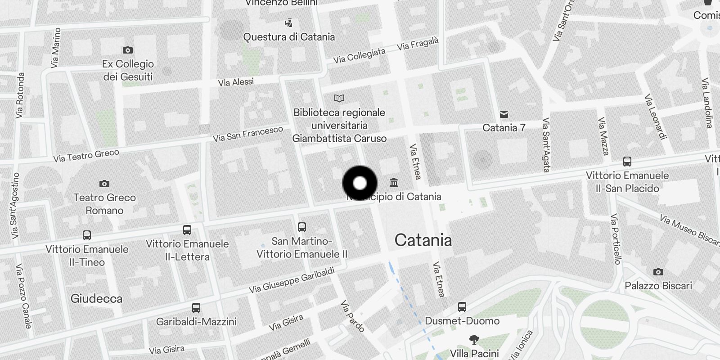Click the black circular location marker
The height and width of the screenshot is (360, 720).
(x=360, y=183)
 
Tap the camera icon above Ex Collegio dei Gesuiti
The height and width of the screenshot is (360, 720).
(x=128, y=50)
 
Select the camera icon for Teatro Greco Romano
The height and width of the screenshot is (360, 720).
(x=104, y=184)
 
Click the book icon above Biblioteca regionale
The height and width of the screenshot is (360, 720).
(x=339, y=98)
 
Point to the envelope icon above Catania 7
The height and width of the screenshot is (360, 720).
(x=504, y=114)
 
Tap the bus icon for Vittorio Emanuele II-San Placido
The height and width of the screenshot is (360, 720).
(x=627, y=162)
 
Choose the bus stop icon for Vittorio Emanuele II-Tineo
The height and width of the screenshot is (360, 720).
(x=87, y=235)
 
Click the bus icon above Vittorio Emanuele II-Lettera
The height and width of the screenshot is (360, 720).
(x=187, y=230)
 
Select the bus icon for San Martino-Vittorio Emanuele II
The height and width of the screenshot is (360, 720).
(x=302, y=227)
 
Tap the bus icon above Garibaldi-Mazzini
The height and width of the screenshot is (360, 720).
(x=196, y=308)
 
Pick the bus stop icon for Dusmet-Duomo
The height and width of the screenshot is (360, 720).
(x=462, y=307)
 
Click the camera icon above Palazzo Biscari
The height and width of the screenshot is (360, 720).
(x=658, y=272)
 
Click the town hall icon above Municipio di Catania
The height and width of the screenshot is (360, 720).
(x=394, y=183)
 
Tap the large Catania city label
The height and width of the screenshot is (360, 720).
(x=423, y=240)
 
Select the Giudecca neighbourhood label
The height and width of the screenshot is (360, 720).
(x=96, y=298)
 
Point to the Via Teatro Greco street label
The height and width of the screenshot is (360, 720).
(x=86, y=156)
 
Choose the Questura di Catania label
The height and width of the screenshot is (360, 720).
(x=289, y=37)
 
